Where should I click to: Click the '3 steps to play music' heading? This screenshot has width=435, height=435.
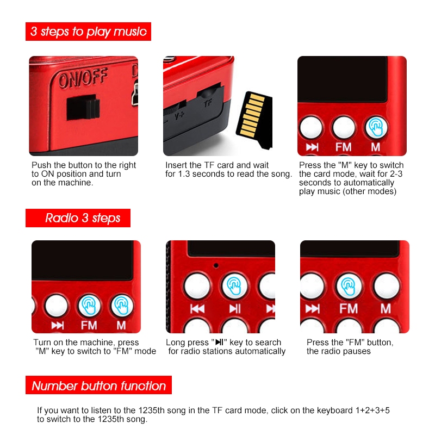[x=88, y=32]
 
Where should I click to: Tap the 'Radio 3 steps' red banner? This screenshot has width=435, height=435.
[x=83, y=218]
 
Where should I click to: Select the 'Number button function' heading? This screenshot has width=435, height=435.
[x=98, y=386]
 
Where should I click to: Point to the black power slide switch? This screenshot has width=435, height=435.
[x=82, y=107]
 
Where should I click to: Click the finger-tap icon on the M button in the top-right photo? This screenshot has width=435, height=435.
[x=375, y=127]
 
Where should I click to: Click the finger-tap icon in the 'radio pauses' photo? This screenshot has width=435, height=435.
[x=348, y=284]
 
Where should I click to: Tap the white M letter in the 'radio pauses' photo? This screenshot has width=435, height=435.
[x=386, y=309]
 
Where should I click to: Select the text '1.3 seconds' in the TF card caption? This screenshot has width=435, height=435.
[x=196, y=174]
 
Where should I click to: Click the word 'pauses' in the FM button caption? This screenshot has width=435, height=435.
[x=357, y=351]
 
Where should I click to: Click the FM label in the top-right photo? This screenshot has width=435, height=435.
[x=344, y=147]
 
